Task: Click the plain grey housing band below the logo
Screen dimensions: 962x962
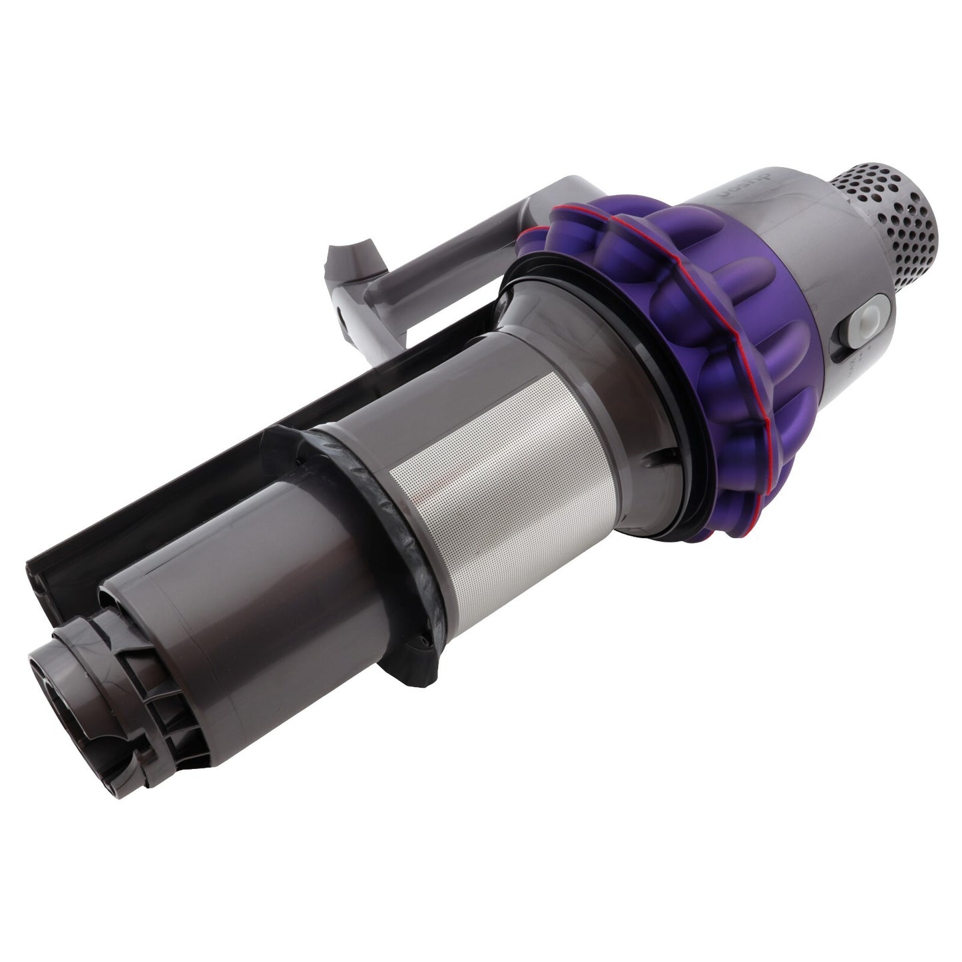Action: click(x=786, y=246)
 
